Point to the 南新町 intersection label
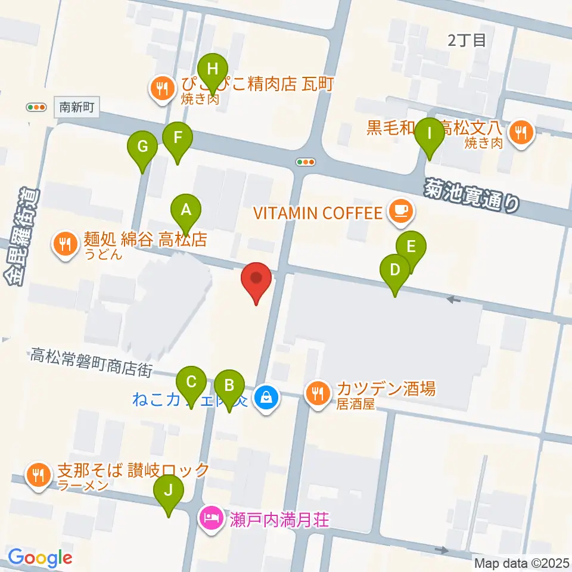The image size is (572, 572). [x=77, y=108]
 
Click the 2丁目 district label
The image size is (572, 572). [x=467, y=40]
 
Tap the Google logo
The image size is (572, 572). [x=40, y=558]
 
